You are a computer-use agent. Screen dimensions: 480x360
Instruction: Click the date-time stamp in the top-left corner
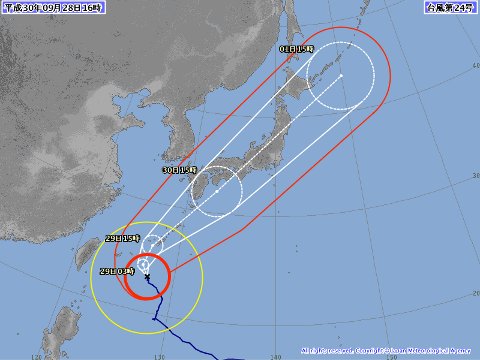coord(46,8)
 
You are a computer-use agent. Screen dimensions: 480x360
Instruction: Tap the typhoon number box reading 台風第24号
coord(449,8)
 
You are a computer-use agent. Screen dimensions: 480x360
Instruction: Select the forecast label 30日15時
coord(182,171)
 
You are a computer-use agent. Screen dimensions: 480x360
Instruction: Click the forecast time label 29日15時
coord(120,239)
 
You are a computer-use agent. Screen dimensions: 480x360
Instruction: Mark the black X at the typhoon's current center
coord(147,277)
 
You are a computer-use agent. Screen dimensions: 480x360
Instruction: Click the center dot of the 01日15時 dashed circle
coord(340,75)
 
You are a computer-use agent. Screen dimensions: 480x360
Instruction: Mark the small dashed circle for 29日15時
coord(151,246)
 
